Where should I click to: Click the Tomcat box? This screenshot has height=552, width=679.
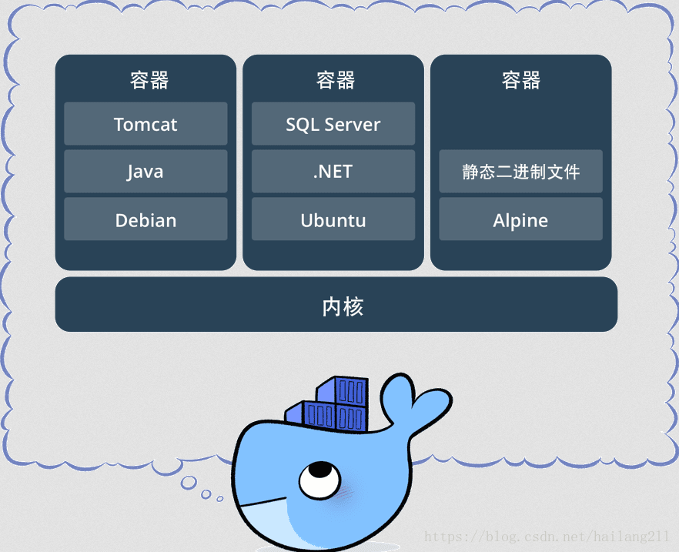click(x=145, y=124)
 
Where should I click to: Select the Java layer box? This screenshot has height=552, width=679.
click(x=145, y=171)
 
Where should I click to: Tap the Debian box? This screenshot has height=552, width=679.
click(x=145, y=219)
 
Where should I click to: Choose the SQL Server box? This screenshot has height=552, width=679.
click(x=333, y=124)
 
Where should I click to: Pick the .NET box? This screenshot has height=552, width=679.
click(x=333, y=171)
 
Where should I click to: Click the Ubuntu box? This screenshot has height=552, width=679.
click(x=333, y=219)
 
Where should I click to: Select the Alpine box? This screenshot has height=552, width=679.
click(x=520, y=219)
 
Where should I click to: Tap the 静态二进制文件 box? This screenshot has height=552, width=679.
click(x=520, y=171)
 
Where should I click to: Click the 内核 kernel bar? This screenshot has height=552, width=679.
click(x=336, y=305)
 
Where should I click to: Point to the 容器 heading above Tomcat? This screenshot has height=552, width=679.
click(x=149, y=80)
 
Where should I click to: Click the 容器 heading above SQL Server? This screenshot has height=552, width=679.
click(x=335, y=80)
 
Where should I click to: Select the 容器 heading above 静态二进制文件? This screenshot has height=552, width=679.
click(x=521, y=80)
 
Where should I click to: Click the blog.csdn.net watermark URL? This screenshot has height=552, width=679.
click(x=547, y=536)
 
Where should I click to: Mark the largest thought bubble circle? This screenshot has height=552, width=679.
click(x=189, y=483)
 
